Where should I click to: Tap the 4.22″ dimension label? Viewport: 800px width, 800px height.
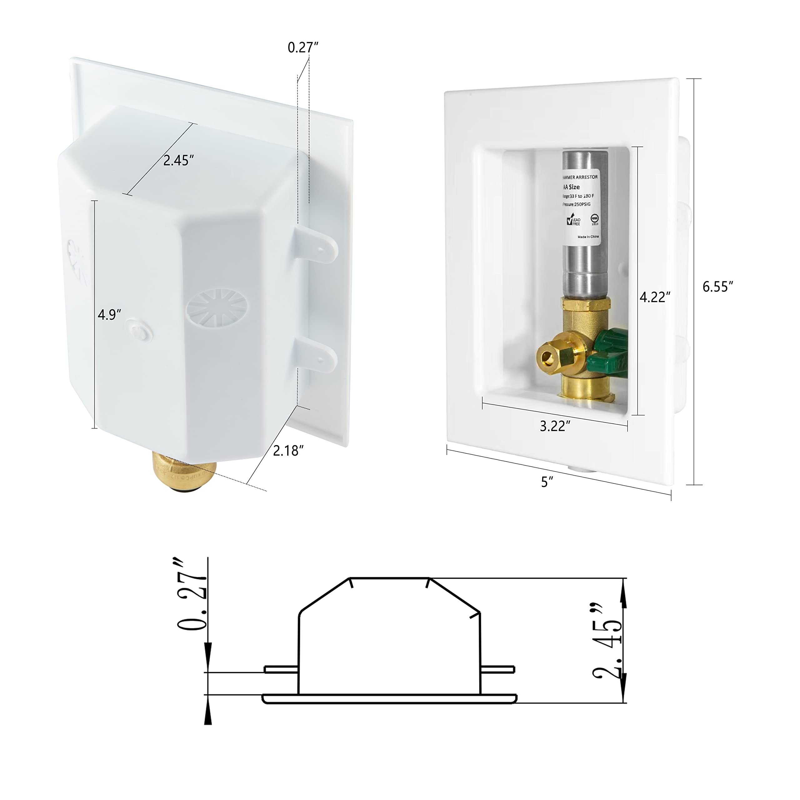pos(655,297)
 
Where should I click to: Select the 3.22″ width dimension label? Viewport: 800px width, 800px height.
pos(555,426)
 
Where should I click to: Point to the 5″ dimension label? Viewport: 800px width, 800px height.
pos(547,482)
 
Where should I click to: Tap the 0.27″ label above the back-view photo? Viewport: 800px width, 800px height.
pos(303,47)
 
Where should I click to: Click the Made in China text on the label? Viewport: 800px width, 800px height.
pos(588,237)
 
